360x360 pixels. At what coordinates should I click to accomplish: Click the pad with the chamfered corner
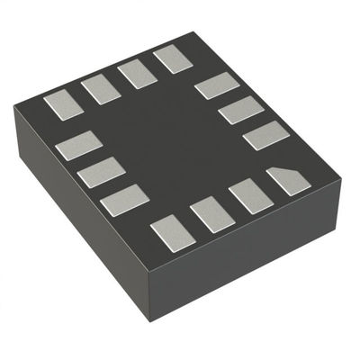point(288,181)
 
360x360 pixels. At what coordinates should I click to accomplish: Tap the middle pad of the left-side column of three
point(100,172)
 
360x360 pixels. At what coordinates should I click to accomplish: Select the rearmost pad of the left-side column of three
point(78,145)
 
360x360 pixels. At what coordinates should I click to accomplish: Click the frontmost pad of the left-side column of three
point(124,199)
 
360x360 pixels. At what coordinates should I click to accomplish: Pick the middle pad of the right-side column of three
point(240,111)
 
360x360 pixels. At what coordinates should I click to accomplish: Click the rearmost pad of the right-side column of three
point(217,86)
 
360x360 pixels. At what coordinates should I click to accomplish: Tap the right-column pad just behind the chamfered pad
point(265,136)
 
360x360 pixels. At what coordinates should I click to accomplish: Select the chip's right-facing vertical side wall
point(252,261)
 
